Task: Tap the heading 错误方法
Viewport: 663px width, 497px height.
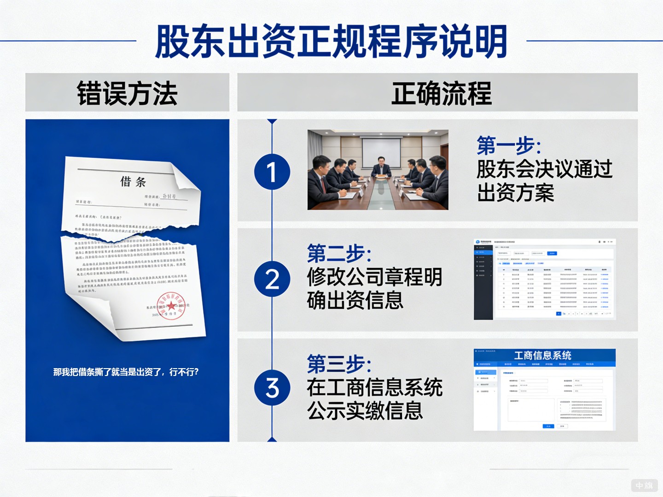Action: pos(127,93)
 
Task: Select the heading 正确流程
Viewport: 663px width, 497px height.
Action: pos(441,93)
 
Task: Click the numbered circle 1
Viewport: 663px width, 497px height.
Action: pos(272,172)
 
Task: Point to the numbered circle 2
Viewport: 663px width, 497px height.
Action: pos(272,279)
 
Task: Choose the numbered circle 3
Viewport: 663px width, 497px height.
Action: pos(272,387)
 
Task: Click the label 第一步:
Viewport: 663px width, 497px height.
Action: pos(509,146)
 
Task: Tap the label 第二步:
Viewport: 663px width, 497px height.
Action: pos(339,254)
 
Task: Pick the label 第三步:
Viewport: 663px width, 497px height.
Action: pos(339,364)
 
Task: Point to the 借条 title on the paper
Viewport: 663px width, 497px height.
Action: pos(133,182)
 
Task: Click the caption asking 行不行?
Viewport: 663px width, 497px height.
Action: pos(126,372)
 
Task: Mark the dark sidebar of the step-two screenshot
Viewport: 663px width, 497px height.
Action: pos(483,281)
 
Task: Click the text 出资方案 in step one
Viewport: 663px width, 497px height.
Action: pos(515,193)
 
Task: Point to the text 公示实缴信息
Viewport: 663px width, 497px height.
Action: pos(365,411)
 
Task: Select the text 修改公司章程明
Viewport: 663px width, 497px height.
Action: pos(374,277)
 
